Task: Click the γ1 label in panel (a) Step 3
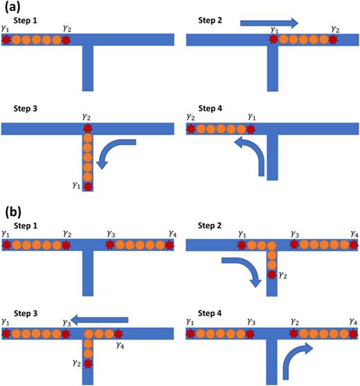point(77,184)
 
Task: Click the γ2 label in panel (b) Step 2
point(283,276)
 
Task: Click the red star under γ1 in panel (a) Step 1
point(7,40)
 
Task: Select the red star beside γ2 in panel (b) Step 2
point(271,275)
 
